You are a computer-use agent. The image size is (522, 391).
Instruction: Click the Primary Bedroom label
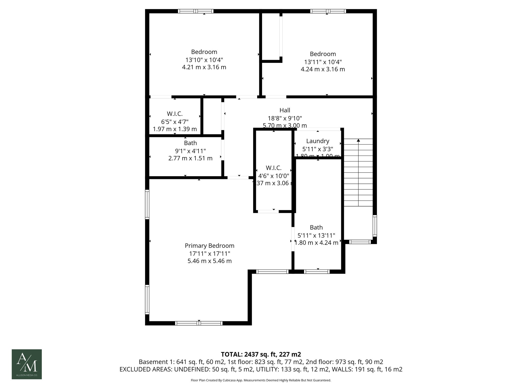coord(209,246)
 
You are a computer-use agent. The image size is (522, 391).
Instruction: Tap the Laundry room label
coord(318,141)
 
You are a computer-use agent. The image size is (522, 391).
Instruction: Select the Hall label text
coord(285,110)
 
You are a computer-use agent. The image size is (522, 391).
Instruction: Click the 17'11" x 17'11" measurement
coord(209,254)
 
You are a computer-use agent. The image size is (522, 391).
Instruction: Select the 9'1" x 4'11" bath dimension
coord(190,151)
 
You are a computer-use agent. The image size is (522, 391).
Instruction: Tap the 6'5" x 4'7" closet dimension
coord(175,122)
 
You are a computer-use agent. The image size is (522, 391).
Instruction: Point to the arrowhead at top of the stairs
coord(358,140)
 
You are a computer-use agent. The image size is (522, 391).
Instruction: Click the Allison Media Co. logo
coord(27,364)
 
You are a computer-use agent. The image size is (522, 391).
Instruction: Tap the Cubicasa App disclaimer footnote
coord(261,380)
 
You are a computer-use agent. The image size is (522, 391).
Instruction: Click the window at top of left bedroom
coord(195,11)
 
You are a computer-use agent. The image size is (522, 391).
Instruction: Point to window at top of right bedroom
coord(328,11)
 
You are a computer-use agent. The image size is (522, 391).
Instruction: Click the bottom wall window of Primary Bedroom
coord(199,323)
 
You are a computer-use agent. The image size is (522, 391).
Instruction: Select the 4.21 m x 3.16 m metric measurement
coord(204,67)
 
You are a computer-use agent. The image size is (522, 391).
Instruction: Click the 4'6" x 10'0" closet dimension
coord(273,176)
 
